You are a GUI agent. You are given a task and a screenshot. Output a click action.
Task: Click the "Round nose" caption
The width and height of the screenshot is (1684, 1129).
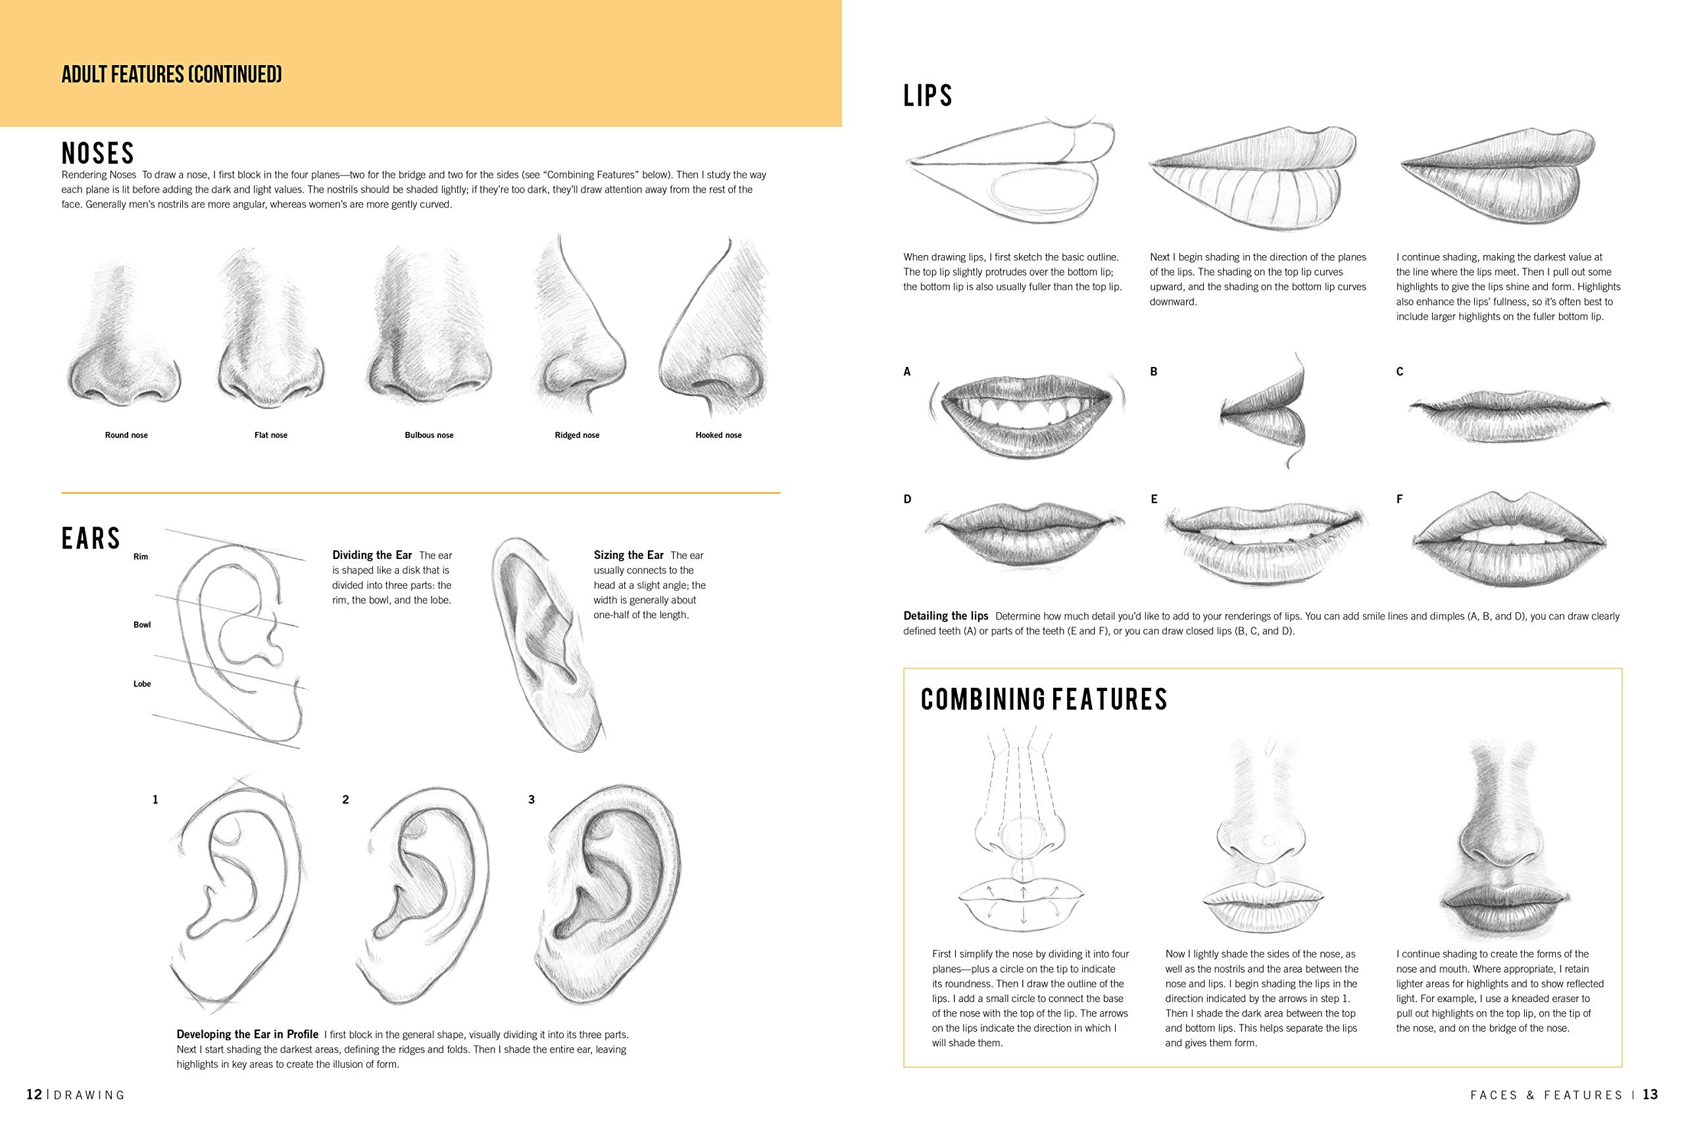point(126,435)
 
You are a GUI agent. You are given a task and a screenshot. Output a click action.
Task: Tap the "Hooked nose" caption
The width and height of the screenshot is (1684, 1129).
point(718,435)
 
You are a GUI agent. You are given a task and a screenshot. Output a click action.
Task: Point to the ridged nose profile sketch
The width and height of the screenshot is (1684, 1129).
point(580,331)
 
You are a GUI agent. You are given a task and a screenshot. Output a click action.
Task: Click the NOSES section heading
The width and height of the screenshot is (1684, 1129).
point(98,153)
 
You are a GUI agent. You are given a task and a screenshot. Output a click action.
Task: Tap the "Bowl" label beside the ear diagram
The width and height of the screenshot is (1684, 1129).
point(142,625)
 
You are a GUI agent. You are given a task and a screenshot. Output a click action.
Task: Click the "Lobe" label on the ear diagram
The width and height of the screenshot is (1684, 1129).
point(142,684)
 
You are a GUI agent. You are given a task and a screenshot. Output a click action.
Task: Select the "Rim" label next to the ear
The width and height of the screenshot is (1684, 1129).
point(141,556)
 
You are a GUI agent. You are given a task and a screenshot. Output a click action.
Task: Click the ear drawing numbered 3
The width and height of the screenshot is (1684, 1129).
point(608,893)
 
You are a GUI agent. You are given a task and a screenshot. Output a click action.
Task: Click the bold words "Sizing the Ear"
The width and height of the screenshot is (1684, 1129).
point(628,555)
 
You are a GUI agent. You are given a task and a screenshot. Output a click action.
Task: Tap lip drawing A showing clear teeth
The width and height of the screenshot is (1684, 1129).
point(1026,416)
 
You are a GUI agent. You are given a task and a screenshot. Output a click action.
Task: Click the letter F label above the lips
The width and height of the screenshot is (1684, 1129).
point(1399,499)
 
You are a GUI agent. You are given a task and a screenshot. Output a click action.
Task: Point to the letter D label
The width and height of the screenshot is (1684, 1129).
point(908,499)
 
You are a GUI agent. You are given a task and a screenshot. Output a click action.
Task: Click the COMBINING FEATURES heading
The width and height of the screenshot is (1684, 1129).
point(1044,700)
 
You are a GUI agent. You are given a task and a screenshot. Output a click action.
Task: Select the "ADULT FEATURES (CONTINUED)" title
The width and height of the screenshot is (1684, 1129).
point(172,74)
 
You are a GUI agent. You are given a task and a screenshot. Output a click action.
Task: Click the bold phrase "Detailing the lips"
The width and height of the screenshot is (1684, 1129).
point(946,615)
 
